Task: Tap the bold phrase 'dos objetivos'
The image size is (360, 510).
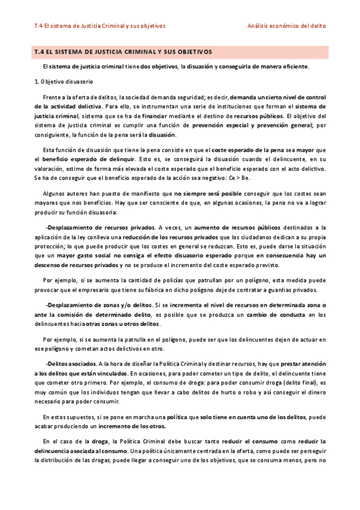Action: click(159, 66)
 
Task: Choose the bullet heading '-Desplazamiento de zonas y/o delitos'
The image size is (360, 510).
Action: click(99, 306)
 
